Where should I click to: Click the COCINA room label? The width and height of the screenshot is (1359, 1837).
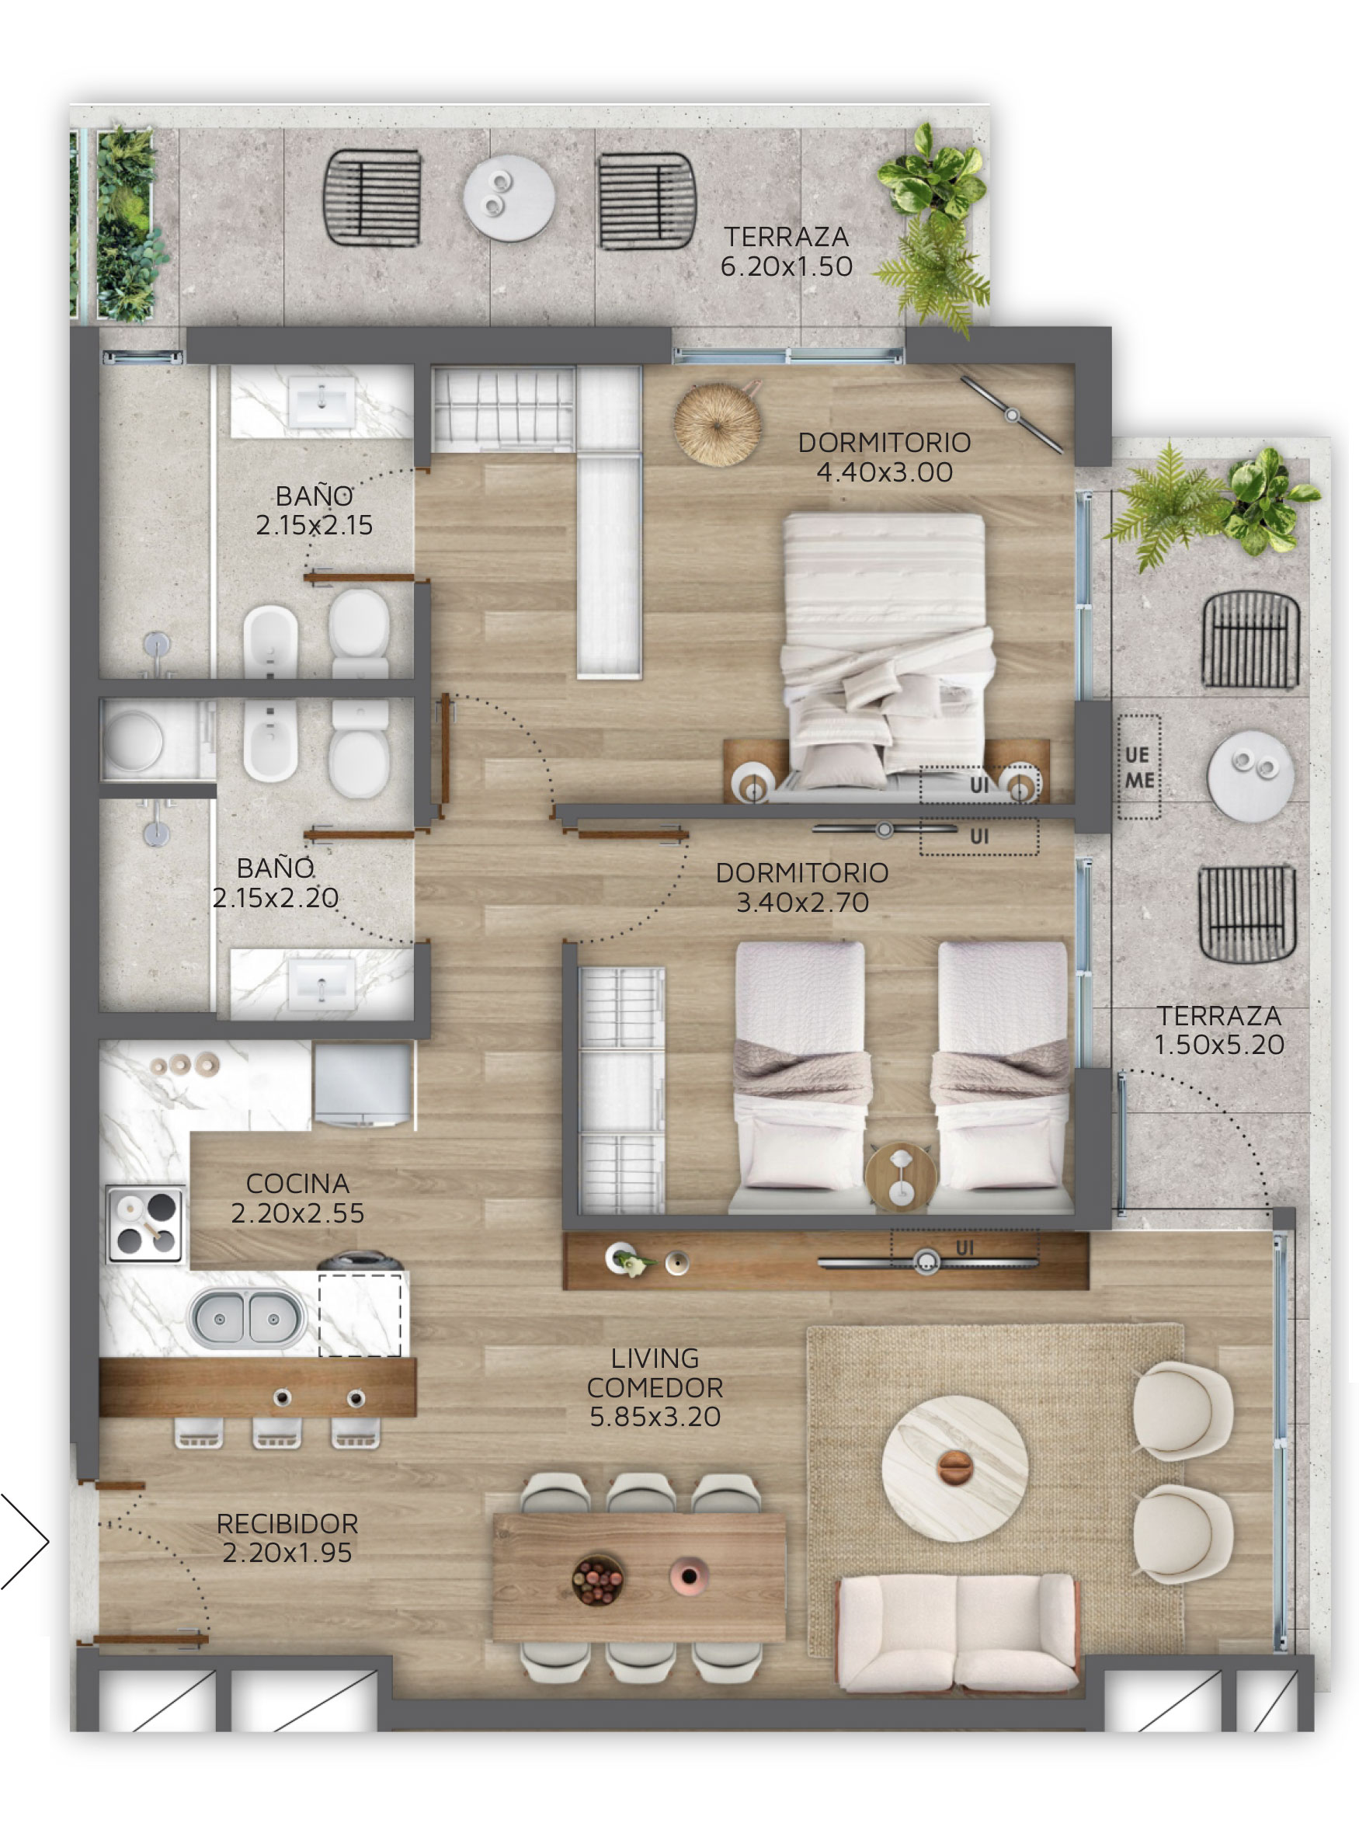pos(297,1183)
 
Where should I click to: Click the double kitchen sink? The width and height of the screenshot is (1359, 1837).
pos(246,1318)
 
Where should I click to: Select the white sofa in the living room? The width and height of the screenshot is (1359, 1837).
pos(958,1633)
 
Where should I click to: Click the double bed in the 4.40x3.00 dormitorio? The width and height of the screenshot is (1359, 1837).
pos(887,654)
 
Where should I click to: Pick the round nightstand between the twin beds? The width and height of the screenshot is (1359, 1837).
pos(901,1177)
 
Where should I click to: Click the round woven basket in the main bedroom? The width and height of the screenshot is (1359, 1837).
pos(718,426)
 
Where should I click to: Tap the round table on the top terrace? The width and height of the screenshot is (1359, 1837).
pos(509,198)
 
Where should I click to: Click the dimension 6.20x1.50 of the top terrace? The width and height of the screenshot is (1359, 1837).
pos(787,266)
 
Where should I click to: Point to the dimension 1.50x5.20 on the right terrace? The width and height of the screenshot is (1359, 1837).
pos(1219,1045)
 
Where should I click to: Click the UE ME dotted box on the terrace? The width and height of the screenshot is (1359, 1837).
pos(1139,767)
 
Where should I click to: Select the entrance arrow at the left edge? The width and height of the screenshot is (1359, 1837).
pos(25,1541)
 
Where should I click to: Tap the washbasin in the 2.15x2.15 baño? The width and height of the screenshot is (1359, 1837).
pos(322,402)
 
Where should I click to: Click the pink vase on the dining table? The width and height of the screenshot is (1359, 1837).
pos(689,1576)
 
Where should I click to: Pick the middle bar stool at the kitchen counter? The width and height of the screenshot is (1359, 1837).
pos(276,1433)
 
